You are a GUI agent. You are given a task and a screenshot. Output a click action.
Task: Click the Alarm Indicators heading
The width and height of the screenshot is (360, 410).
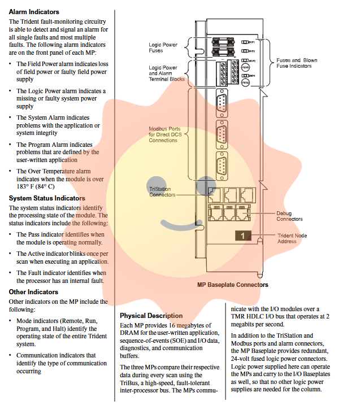coord(34,11)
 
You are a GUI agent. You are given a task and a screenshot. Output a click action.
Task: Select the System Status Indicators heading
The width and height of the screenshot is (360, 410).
coord(47,198)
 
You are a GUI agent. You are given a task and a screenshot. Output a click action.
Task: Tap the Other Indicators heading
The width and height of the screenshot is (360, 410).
coord(33,292)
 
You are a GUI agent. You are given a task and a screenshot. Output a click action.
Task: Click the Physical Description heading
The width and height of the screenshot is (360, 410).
coord(151,316)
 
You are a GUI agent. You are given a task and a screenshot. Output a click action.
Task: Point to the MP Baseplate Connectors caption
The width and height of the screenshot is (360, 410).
coord(232,285)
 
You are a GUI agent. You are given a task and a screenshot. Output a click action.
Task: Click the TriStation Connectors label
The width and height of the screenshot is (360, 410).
coord(162,191)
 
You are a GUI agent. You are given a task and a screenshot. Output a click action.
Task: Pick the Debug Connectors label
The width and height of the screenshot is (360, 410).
coord(289,216)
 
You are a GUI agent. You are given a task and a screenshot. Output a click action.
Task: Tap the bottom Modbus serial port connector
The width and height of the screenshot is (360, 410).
coord(222,167)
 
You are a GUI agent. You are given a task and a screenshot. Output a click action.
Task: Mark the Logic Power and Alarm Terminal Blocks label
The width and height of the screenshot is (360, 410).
coord(166,73)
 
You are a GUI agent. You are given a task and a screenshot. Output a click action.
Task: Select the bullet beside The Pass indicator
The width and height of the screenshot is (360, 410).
coord(11,234)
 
